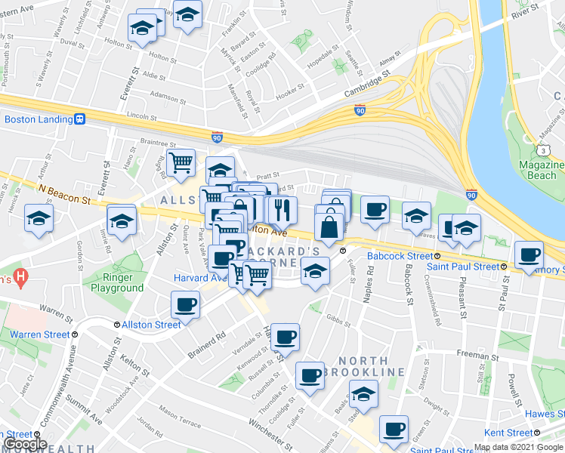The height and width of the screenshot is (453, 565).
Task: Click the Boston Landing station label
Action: click(x=36, y=119)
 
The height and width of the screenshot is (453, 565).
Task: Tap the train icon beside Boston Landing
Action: click(x=79, y=119)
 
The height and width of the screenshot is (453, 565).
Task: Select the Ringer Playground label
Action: click(x=117, y=282)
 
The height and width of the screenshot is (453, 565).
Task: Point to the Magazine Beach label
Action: click(x=542, y=170)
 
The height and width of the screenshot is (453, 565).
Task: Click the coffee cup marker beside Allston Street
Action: click(x=185, y=305)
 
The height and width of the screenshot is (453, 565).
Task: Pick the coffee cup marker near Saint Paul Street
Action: click(x=529, y=255)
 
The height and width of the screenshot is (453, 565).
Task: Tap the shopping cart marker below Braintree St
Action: click(x=181, y=162)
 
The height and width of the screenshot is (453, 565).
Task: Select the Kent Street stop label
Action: click(x=509, y=433)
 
